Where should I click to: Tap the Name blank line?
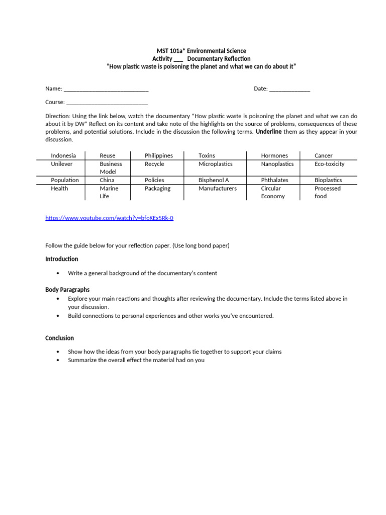coord(106,89)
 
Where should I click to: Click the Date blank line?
coord(289,89)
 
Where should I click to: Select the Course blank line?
coord(107,102)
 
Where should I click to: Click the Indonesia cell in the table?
coord(63,156)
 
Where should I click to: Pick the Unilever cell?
coord(62,164)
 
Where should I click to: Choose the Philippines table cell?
coord(158,156)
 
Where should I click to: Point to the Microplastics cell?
coord(215,164)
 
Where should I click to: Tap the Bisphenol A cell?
coord(214,180)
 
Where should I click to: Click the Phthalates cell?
coord(274,180)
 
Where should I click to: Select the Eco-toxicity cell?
coord(329,164)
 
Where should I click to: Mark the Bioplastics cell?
coord(328,180)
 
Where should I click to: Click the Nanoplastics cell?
coord(277,164)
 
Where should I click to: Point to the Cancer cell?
coord(323,156)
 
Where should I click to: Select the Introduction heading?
coord(62,259)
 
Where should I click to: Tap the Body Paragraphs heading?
coord(67,290)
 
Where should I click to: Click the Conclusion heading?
coord(59,338)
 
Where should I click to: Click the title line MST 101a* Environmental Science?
coord(200,51)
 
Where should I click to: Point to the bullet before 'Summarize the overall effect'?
coord(58,360)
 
